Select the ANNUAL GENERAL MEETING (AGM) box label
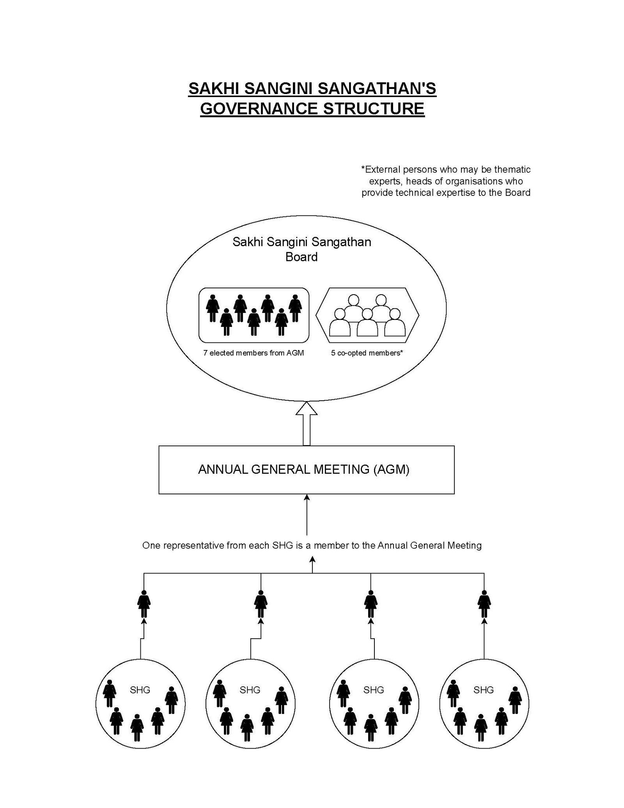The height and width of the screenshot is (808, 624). click(304, 469)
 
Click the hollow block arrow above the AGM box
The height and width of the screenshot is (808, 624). click(307, 423)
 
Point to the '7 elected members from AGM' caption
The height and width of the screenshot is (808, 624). click(253, 353)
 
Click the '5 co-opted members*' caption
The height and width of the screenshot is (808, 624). click(367, 353)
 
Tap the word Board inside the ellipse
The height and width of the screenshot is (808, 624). click(301, 257)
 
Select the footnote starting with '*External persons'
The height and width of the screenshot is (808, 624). click(446, 181)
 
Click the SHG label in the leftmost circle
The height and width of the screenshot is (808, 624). click(140, 690)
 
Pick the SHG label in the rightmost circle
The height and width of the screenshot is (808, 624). click(483, 690)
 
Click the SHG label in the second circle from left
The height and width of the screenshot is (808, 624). click(250, 690)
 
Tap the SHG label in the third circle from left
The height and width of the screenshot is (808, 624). click(373, 690)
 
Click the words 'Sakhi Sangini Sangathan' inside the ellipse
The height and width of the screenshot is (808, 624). click(301, 242)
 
